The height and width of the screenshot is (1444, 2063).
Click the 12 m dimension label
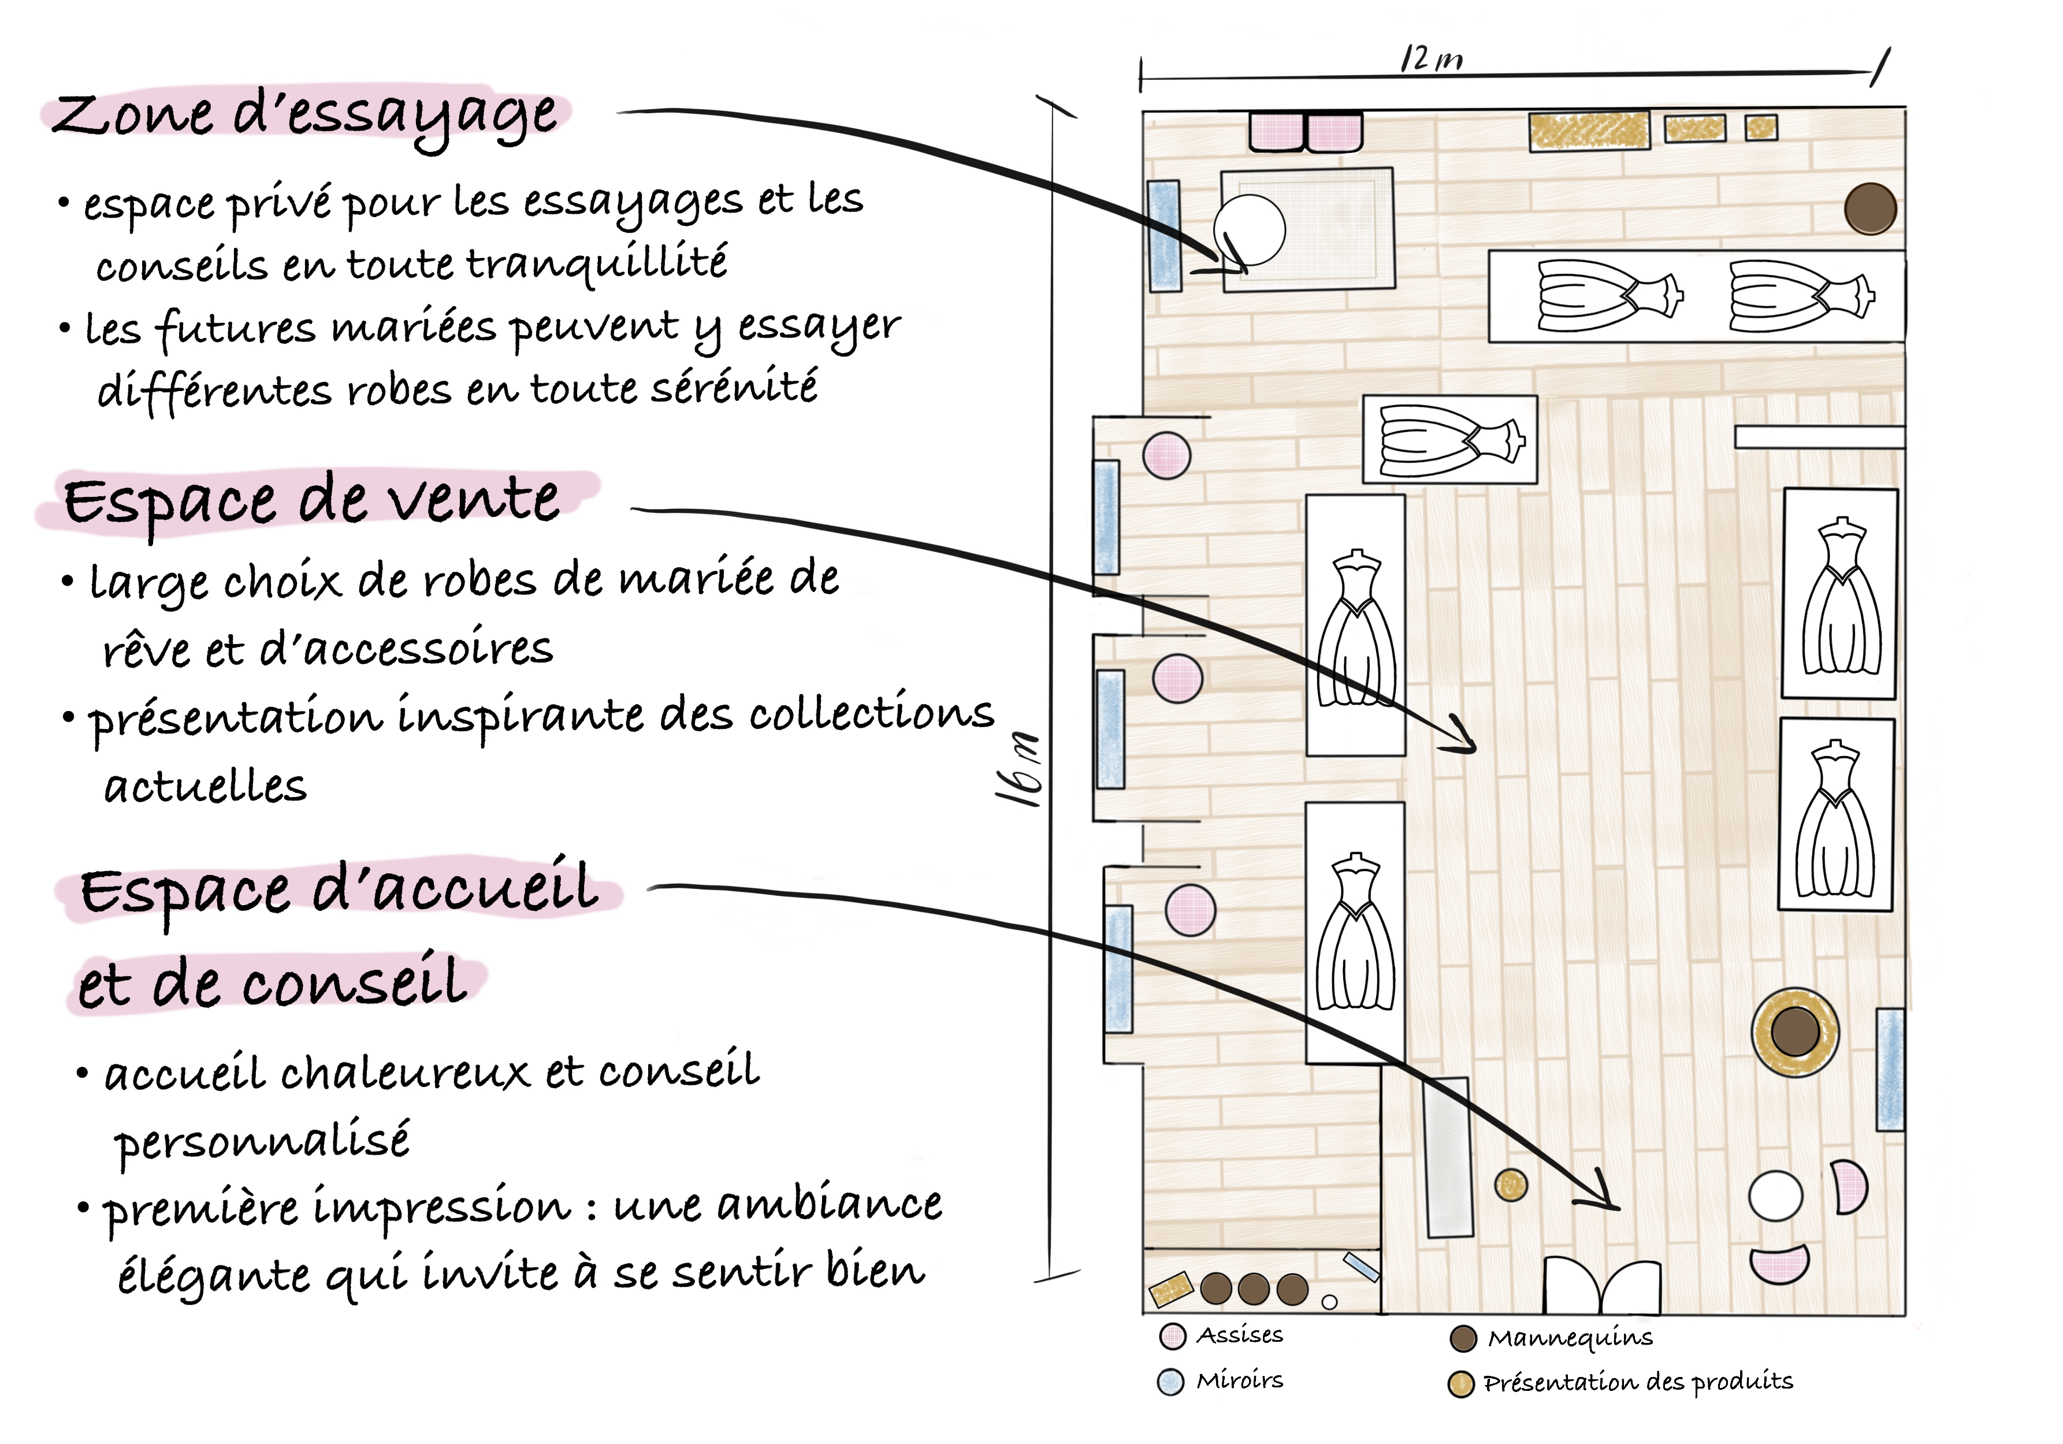[1432, 59]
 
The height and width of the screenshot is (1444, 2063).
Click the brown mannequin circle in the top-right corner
[1871, 209]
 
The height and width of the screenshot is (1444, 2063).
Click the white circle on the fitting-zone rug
[1249, 230]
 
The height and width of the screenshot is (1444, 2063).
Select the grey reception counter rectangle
[1448, 1158]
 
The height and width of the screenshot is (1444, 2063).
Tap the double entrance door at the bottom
[1602, 1287]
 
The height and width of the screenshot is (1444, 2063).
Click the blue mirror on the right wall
[1890, 1069]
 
